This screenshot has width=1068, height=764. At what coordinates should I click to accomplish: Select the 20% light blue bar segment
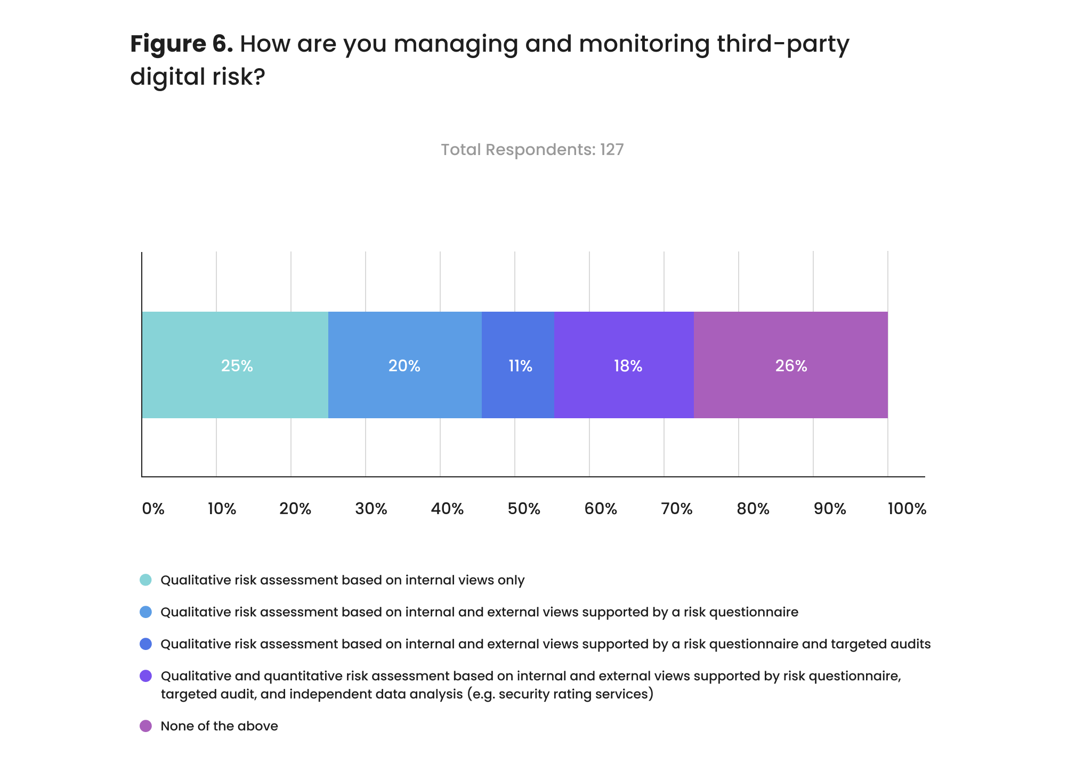(404, 365)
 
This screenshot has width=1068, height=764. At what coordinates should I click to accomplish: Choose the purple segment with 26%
(791, 365)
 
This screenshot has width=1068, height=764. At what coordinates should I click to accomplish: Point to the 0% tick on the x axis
(153, 509)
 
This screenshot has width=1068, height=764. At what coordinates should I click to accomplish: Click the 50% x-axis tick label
(524, 509)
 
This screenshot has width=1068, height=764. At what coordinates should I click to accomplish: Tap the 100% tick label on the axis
(907, 509)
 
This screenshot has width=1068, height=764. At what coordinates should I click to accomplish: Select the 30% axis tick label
(371, 509)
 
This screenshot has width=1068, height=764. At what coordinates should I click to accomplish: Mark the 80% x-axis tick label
(753, 509)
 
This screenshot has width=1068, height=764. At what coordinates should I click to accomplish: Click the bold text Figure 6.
(181, 44)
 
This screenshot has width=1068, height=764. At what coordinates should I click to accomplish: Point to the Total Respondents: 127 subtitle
(532, 150)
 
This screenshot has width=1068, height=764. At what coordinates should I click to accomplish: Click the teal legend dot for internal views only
(145, 580)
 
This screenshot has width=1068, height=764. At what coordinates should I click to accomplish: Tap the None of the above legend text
(219, 726)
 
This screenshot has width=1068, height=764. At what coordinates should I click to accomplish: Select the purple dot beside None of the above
(145, 726)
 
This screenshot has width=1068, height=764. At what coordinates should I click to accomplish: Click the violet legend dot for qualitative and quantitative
(145, 676)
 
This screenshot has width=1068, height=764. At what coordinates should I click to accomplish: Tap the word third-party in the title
(783, 44)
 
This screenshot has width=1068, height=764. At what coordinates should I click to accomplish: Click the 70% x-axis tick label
(677, 509)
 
